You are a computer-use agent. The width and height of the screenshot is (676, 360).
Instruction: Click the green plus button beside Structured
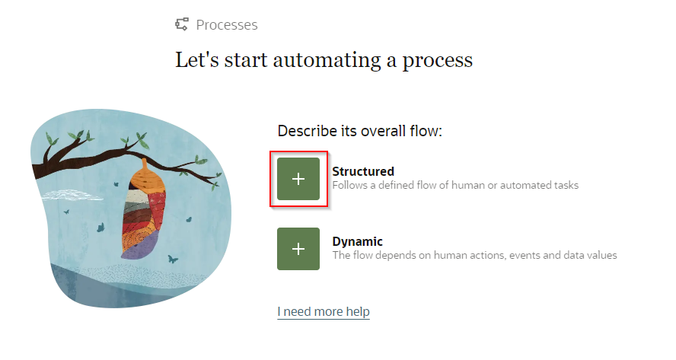click(x=298, y=179)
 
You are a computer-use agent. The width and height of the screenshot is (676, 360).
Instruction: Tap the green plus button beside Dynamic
click(x=298, y=249)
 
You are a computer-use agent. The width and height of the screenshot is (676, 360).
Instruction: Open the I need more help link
click(x=324, y=311)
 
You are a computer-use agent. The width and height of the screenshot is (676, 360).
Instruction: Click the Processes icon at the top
click(x=181, y=24)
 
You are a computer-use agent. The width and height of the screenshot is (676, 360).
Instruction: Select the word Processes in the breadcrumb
click(x=227, y=25)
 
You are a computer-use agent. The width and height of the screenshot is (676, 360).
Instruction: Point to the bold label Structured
click(x=363, y=171)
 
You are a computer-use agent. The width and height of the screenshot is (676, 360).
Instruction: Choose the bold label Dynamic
click(x=357, y=241)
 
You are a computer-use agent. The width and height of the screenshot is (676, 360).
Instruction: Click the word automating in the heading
click(x=327, y=60)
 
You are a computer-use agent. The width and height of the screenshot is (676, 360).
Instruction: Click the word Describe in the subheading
click(x=307, y=131)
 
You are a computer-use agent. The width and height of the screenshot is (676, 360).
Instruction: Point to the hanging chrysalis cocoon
click(x=144, y=212)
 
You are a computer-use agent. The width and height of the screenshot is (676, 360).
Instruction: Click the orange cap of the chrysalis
click(x=147, y=176)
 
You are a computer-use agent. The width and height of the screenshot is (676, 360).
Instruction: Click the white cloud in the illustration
click(x=72, y=196)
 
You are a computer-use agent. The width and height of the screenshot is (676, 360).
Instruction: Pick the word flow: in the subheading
click(x=426, y=131)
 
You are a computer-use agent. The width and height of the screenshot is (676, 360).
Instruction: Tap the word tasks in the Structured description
click(x=565, y=186)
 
